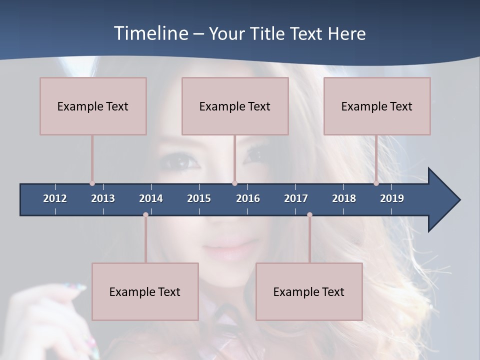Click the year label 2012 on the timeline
point(55,198)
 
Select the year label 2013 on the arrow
point(103,198)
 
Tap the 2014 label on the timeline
point(151,198)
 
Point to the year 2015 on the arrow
point(199,198)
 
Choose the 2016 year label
point(248,198)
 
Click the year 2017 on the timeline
point(296,198)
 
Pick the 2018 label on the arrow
point(344,198)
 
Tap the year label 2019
point(392,198)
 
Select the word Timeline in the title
point(150,33)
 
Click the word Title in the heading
point(268,33)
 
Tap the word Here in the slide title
point(346,33)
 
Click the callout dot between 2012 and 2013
point(92,183)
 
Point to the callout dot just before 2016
point(234,183)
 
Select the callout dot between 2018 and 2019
point(376,183)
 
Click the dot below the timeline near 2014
point(145,215)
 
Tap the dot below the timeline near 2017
point(309,215)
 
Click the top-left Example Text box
point(93,106)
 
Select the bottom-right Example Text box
point(309,291)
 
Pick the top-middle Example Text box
point(235,106)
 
